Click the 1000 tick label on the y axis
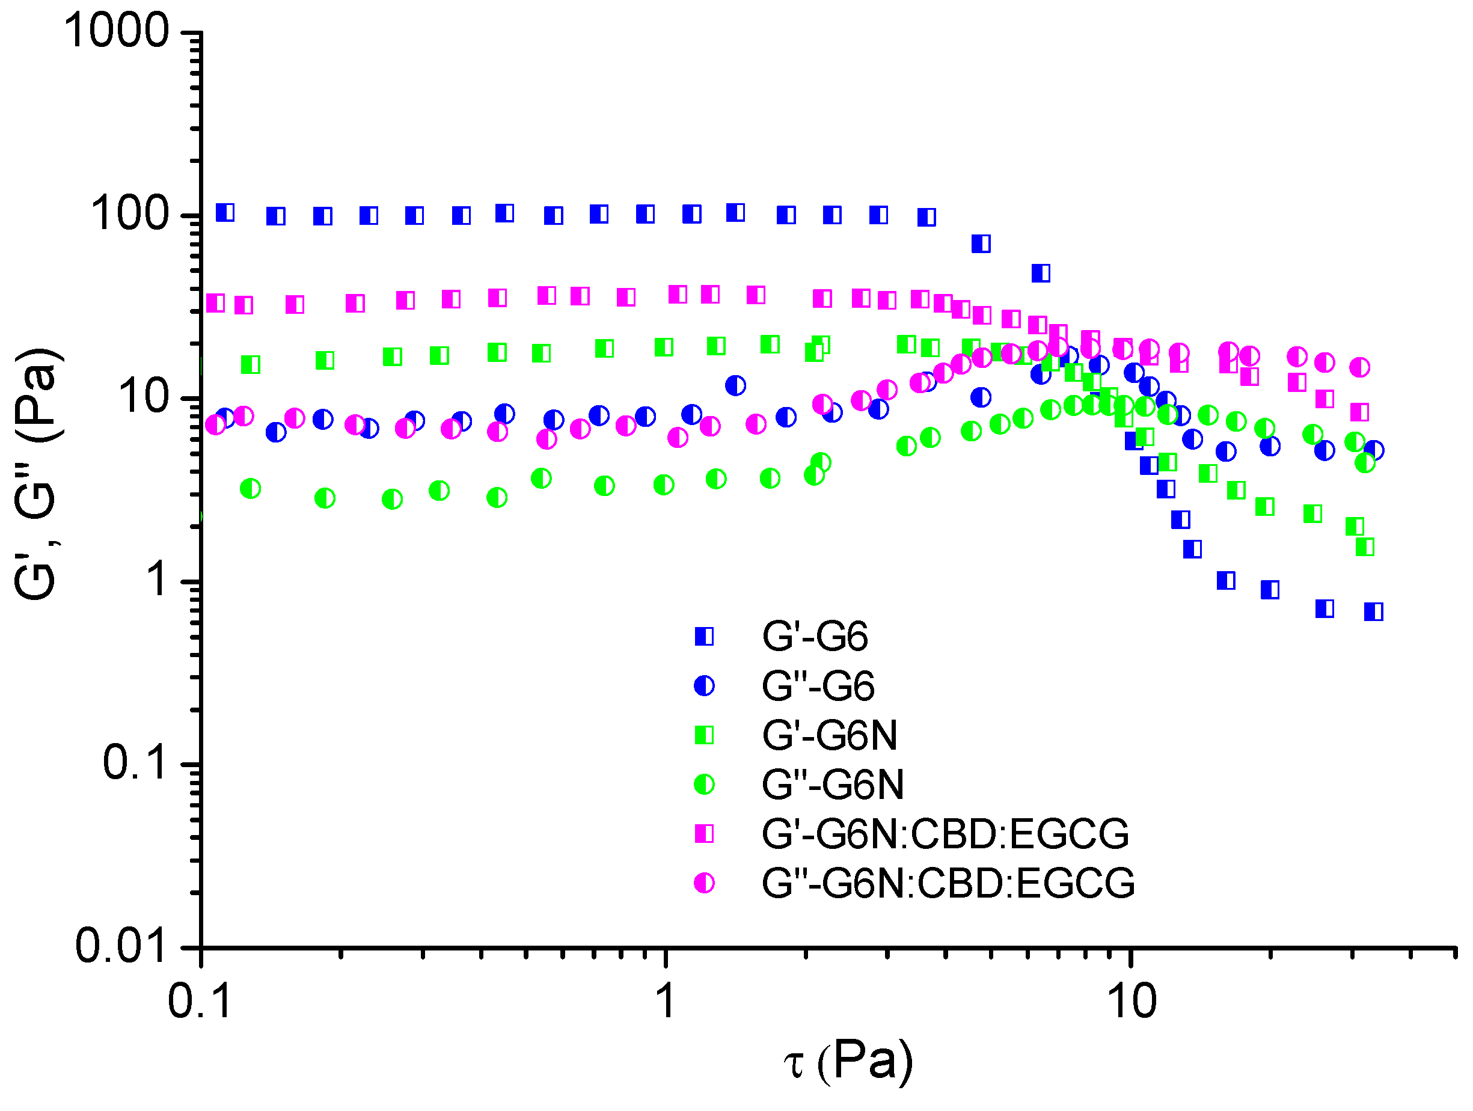117,31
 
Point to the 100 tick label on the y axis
129,215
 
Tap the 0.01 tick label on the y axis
120,945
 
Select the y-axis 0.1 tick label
134,763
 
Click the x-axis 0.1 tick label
200,1001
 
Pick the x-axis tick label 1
665,1001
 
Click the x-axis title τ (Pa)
848,1061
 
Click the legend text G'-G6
815,637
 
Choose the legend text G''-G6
818,686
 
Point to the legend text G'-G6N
830,735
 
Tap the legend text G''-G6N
832,785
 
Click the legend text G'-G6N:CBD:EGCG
946,834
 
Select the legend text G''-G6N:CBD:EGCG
948,883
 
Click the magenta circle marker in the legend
704,883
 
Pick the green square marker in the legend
704,735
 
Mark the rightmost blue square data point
1373,611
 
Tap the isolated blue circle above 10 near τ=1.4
735,385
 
